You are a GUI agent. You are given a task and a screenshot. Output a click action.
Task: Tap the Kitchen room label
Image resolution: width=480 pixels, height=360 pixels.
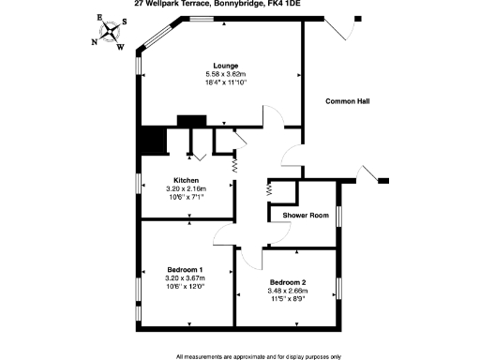point(186,180)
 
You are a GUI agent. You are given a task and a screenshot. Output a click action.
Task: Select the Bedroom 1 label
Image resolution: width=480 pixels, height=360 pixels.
point(185,269)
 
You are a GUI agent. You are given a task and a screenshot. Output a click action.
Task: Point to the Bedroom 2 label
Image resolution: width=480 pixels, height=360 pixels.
point(287,282)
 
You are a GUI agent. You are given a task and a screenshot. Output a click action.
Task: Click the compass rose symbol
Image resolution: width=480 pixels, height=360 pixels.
point(111,32)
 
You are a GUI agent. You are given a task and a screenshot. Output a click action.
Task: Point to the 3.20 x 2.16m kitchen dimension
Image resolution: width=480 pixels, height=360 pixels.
point(186,188)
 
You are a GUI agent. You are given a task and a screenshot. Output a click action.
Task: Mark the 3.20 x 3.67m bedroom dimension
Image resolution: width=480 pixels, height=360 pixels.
point(185,277)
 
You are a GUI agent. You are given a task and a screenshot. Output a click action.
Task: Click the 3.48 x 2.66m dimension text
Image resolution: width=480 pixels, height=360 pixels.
point(287,291)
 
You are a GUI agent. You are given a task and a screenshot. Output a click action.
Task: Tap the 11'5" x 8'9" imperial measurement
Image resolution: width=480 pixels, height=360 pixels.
point(287,299)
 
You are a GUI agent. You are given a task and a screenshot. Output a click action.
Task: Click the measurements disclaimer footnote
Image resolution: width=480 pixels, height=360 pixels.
point(259,356)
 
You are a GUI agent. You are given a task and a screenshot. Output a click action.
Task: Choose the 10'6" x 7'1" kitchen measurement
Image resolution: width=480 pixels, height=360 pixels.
point(186,197)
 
